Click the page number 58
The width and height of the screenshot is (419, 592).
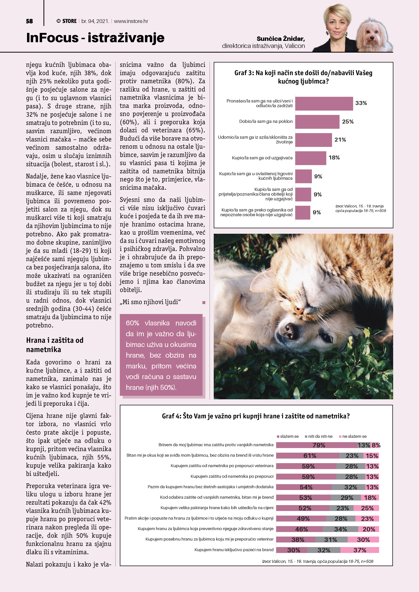click(29, 21)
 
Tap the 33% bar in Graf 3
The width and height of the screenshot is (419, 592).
click(324, 104)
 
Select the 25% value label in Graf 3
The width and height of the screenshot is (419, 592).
click(348, 122)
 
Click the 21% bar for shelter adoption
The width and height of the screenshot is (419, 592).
click(313, 140)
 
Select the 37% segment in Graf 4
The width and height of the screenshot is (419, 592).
click(360, 550)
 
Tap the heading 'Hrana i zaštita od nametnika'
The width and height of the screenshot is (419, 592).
click(55, 345)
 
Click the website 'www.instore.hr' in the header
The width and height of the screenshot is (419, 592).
click(131, 21)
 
